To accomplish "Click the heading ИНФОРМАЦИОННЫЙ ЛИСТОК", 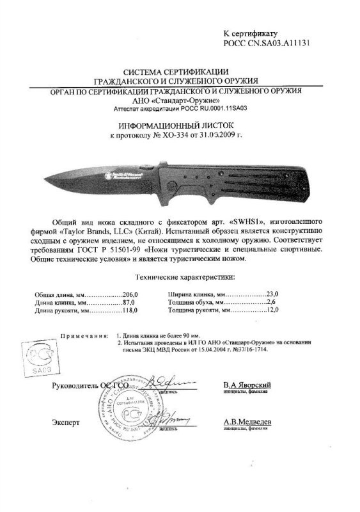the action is [178, 127].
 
